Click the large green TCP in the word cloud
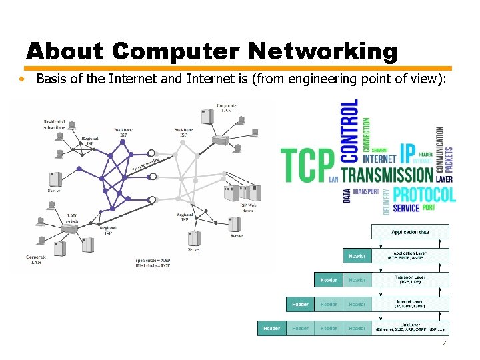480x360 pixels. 307,165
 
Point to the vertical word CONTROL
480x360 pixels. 349,131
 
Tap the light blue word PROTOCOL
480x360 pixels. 424,195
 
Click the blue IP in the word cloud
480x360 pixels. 407,153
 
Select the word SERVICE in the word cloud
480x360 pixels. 406,208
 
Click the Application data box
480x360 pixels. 410,232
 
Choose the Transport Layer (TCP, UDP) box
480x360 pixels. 410,280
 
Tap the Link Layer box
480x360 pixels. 410,328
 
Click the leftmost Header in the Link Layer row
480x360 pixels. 271,328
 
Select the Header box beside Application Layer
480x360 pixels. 357,256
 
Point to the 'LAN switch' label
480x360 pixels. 73,218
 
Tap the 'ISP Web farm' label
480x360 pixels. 248,208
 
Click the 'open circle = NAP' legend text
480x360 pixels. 154,259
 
